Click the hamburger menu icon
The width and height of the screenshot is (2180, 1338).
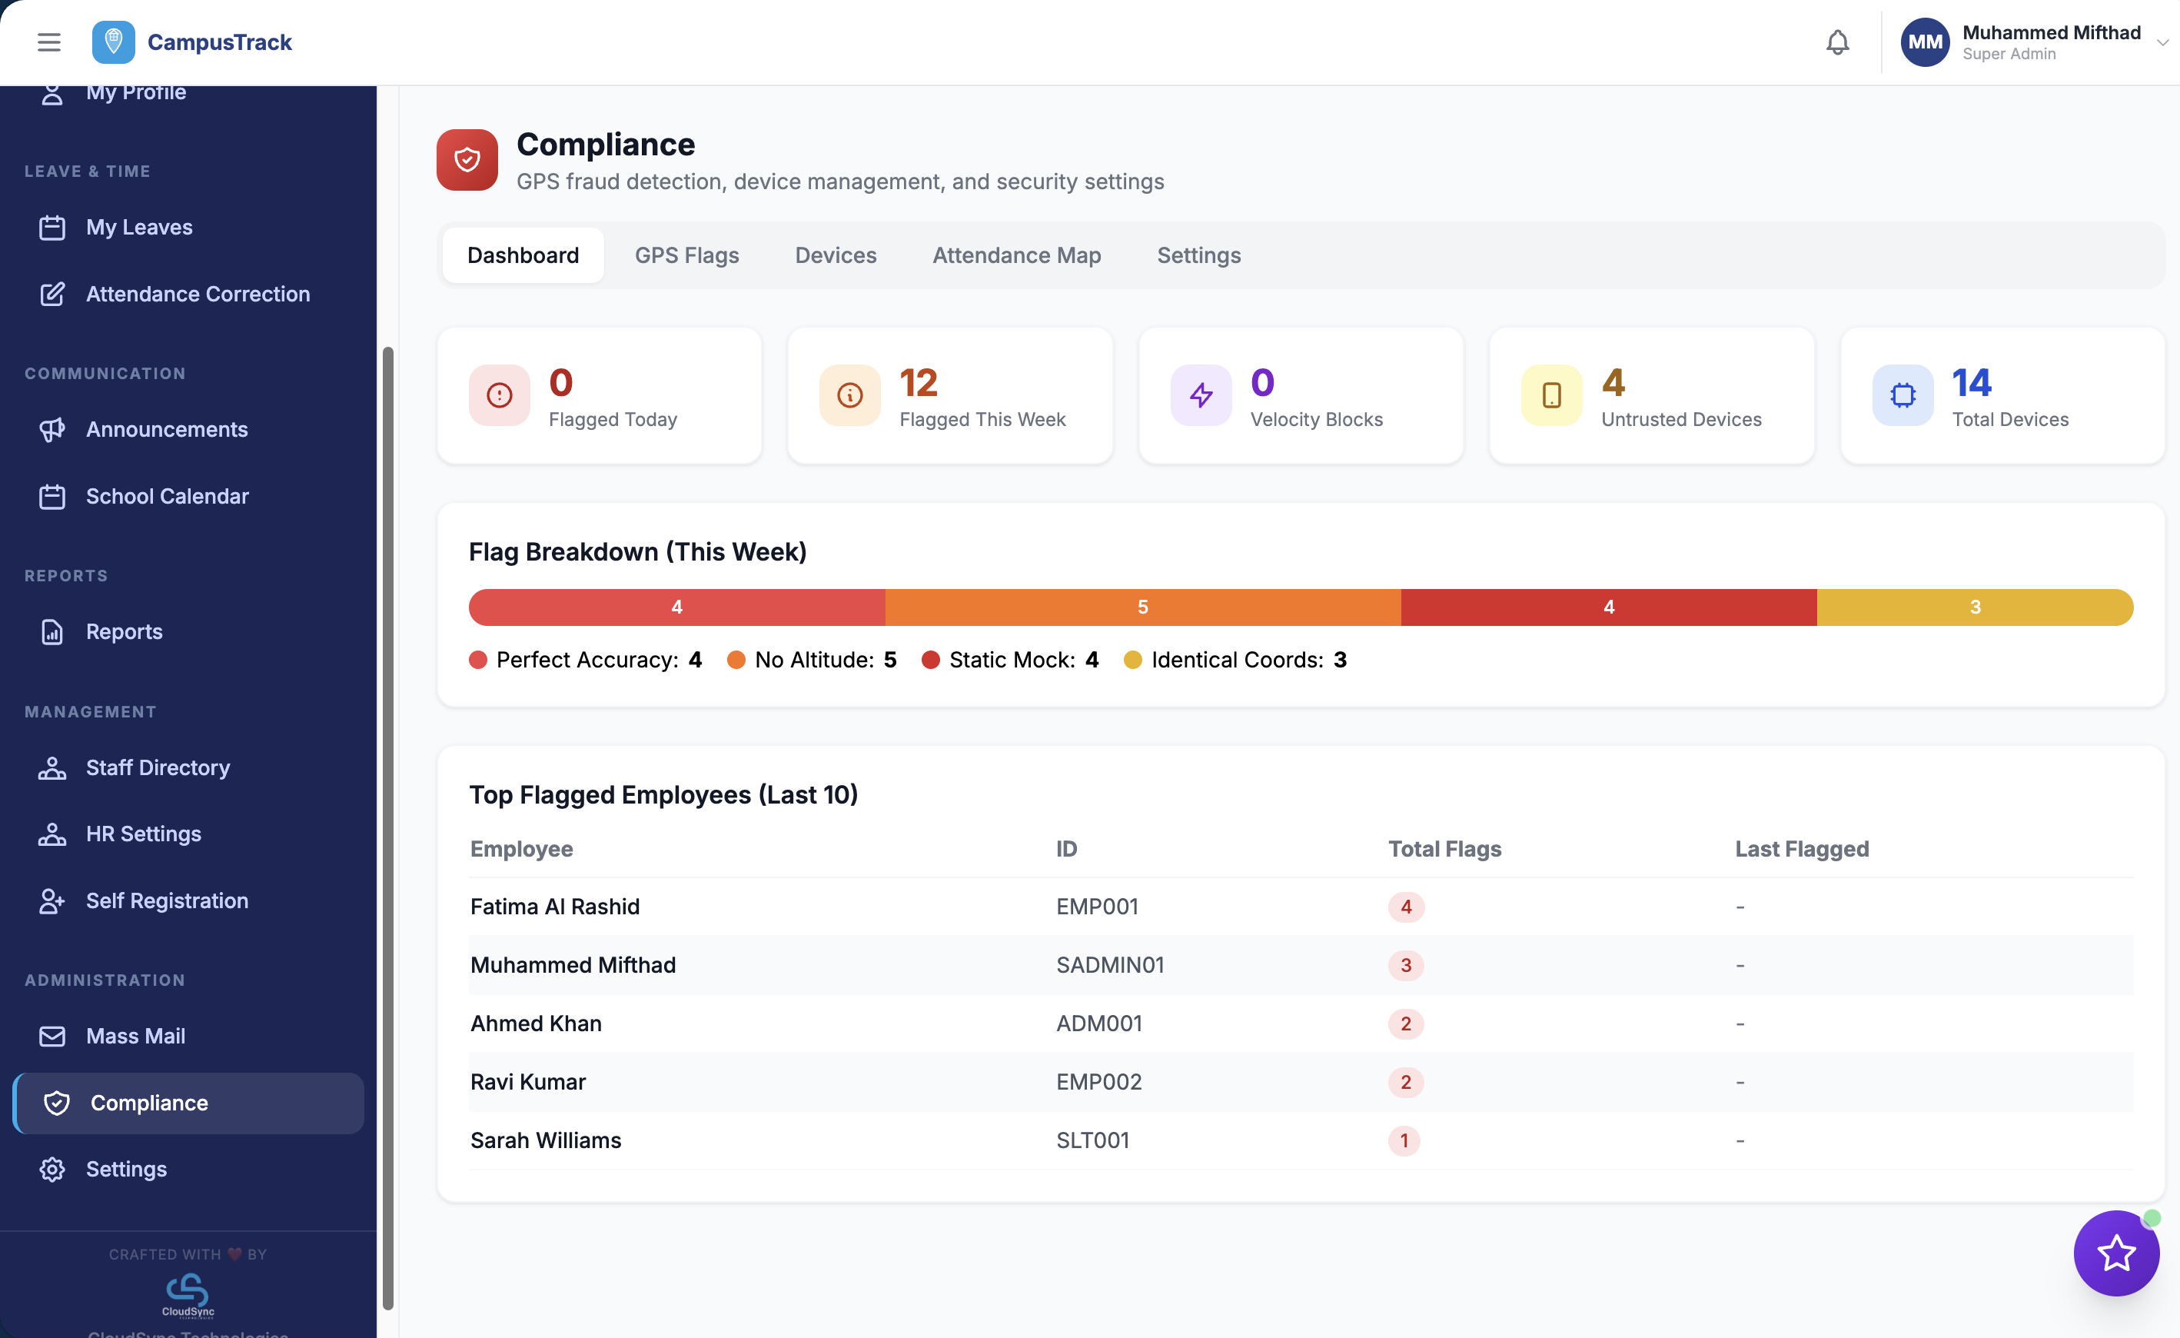tap(49, 42)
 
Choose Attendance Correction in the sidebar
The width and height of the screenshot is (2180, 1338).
tap(198, 294)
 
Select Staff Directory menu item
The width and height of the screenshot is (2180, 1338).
tap(158, 767)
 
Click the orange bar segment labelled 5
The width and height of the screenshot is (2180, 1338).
tap(1142, 607)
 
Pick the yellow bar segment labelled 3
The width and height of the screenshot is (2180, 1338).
tap(1974, 607)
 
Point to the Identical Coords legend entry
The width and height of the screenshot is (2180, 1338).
tap(1235, 660)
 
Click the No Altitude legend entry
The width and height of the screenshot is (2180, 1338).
tap(813, 660)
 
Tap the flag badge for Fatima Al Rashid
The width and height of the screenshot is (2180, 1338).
tap(1405, 907)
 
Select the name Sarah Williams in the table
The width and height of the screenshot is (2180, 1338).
tap(545, 1140)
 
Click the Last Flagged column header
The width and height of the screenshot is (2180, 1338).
tap(1800, 849)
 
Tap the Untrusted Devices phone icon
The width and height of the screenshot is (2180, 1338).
tap(1551, 394)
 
